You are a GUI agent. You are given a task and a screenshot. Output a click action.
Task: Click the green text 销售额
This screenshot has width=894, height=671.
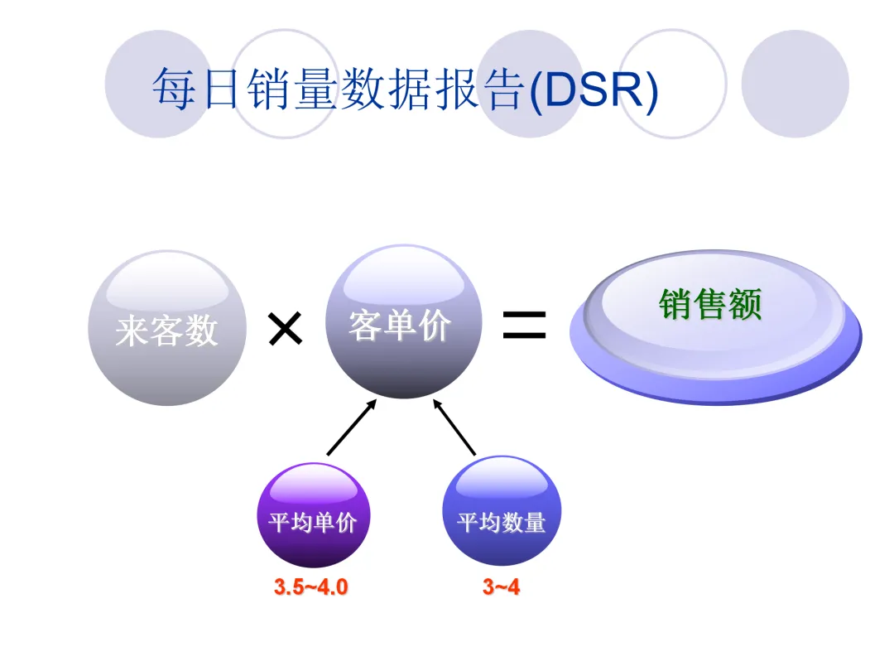(x=710, y=304)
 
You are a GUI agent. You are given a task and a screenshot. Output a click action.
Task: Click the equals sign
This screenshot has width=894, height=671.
(x=524, y=326)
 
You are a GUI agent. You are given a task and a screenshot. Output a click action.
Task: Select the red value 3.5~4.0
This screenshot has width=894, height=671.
(x=311, y=587)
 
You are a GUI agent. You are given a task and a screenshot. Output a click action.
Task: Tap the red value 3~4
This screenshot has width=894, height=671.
(x=502, y=587)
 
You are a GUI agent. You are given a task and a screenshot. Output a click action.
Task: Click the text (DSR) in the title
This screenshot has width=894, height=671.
(x=593, y=89)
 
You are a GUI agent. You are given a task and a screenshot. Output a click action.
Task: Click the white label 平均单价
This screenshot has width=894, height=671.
(x=312, y=523)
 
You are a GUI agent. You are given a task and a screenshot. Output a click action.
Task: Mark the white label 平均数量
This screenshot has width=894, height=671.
(x=502, y=523)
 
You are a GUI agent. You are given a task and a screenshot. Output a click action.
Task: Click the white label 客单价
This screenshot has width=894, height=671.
(x=400, y=326)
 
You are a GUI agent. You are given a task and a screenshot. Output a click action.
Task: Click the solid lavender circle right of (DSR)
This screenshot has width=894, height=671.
(x=795, y=84)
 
